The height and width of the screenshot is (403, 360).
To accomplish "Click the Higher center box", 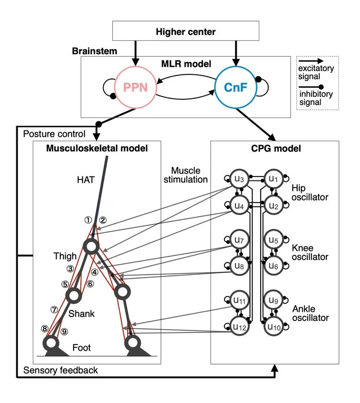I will click(185, 32).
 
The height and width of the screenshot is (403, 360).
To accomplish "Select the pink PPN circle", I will click(135, 88).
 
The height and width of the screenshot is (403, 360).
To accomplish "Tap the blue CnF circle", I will click(235, 88).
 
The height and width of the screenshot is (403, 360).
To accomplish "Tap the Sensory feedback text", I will click(60, 370).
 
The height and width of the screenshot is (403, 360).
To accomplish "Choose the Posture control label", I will click(54, 134).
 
